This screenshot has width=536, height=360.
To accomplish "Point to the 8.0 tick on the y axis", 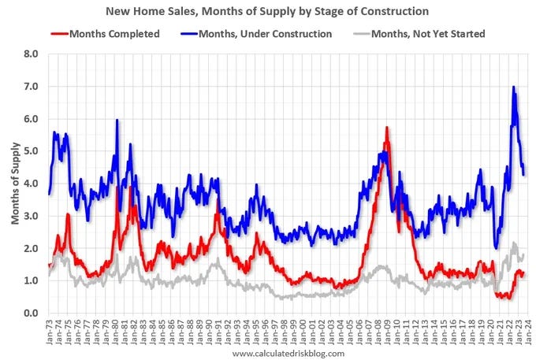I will [x=32, y=54].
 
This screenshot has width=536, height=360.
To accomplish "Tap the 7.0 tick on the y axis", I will [x=32, y=87].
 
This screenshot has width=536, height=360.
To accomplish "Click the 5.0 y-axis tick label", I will [x=32, y=151].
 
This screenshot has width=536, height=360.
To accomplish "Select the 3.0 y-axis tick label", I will [x=32, y=216].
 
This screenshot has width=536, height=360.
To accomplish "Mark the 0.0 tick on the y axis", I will [x=32, y=313].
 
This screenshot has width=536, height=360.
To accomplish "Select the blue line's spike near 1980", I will [x=117, y=121].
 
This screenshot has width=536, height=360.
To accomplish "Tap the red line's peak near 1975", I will [x=69, y=214].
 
